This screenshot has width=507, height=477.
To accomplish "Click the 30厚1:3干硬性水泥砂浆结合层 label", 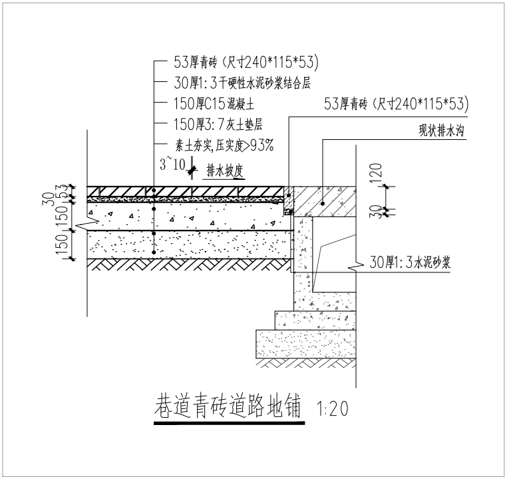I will [x=242, y=83].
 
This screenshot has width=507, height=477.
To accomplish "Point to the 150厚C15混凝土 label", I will [x=214, y=104].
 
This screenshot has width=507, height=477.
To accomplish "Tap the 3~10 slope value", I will [x=174, y=163].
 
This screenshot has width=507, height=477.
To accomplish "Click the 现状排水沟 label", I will [x=439, y=131].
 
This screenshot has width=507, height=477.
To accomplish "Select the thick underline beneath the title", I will [x=229, y=422].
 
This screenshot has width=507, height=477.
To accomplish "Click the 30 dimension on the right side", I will [x=378, y=211].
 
